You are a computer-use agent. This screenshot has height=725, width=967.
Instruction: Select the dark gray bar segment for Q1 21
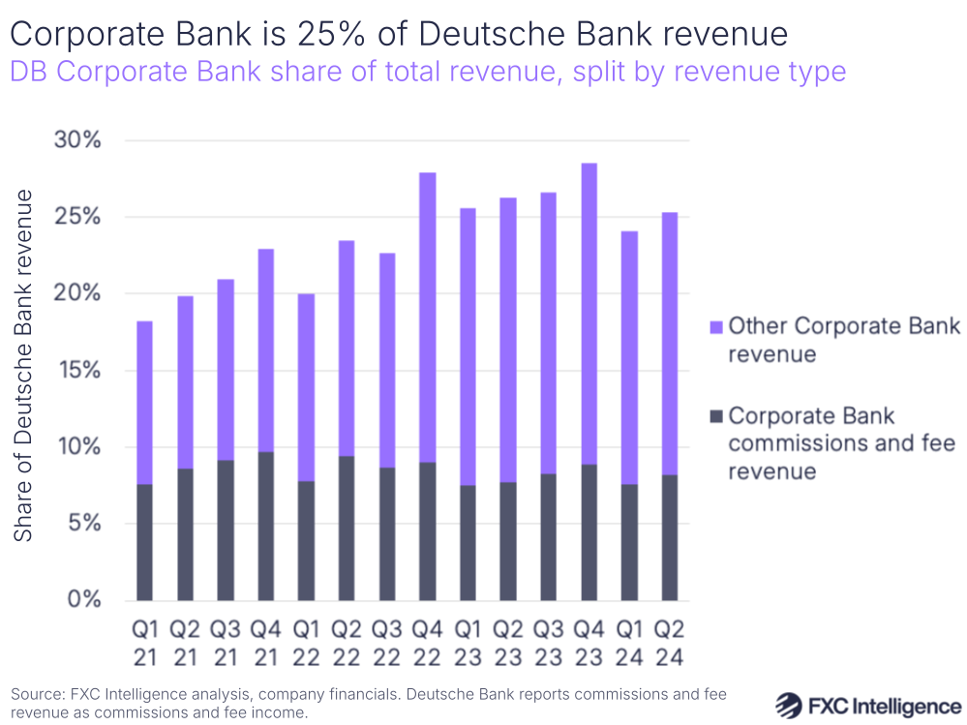[x=144, y=542]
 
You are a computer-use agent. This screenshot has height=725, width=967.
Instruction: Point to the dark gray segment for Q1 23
[x=468, y=542]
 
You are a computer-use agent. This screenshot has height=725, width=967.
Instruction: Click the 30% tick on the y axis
[x=77, y=140]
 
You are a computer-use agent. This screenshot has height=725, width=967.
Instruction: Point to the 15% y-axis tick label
[x=77, y=370]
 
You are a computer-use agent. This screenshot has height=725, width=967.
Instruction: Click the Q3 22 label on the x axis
[x=386, y=643]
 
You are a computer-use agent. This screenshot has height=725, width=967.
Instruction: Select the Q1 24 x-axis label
[x=629, y=643]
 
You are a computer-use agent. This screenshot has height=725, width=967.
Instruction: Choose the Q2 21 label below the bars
[x=185, y=643]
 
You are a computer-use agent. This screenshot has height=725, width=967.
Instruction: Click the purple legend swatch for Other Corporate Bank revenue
[x=715, y=326]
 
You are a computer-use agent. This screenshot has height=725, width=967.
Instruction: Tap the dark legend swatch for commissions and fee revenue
[x=715, y=417]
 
